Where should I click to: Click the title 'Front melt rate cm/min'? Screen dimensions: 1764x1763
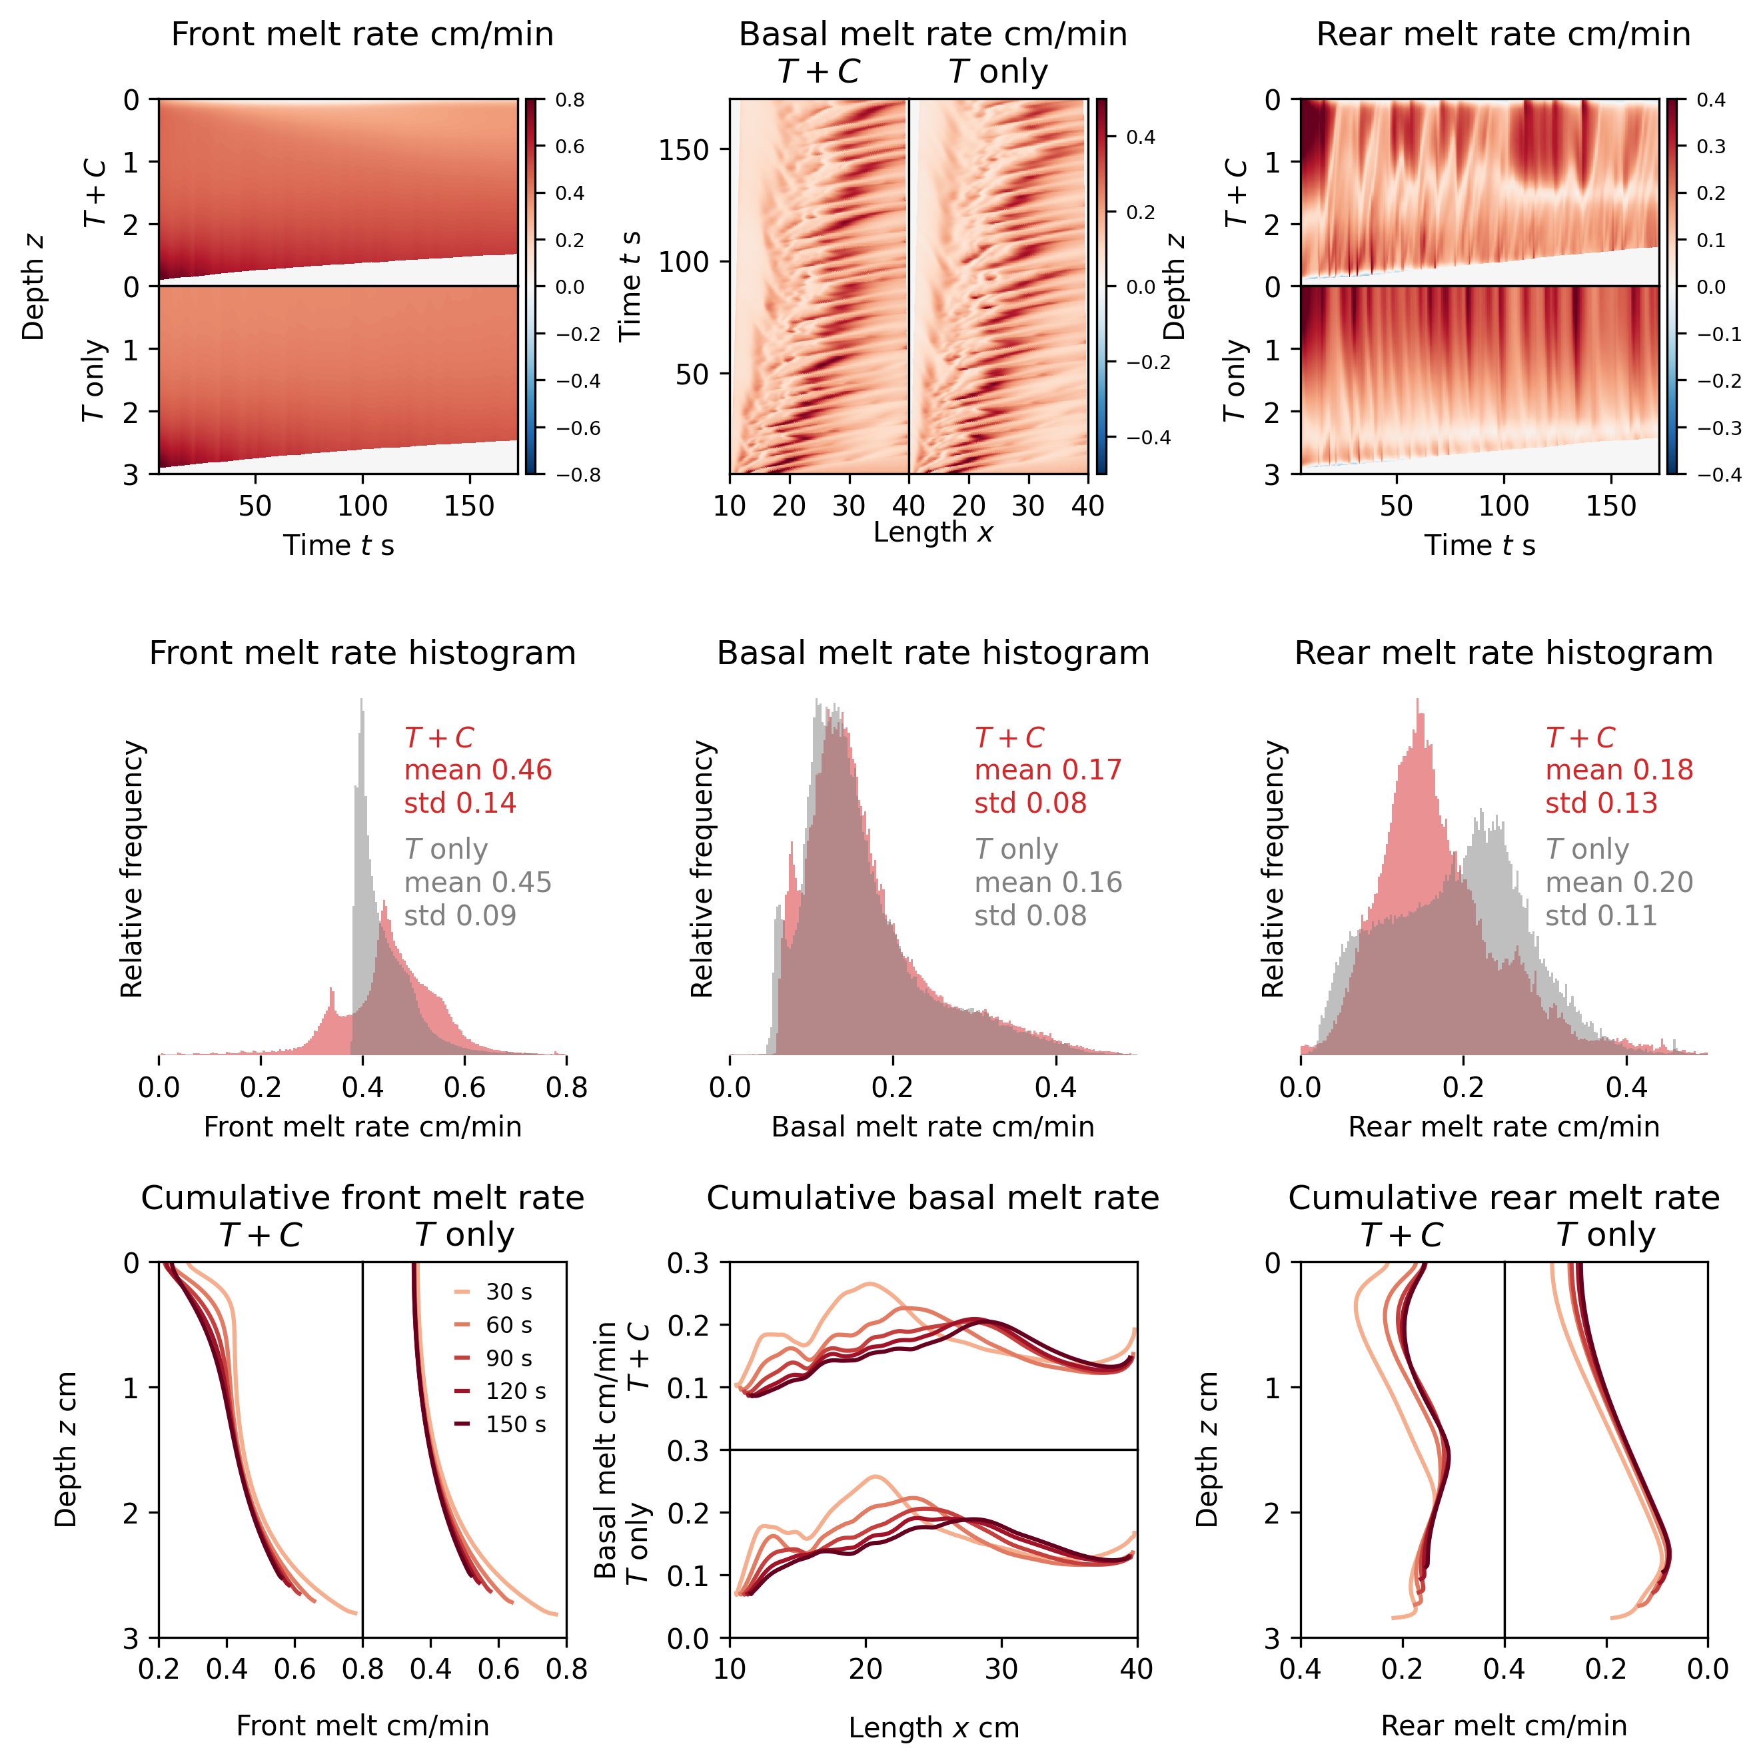coord(362,34)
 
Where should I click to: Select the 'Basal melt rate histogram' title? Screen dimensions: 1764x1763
coord(932,653)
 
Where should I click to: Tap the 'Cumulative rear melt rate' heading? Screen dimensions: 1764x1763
coord(1502,1197)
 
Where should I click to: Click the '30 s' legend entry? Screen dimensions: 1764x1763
coord(508,1292)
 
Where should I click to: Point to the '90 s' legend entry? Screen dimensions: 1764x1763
coord(508,1358)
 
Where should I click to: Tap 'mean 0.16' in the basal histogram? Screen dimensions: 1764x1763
coord(1048,882)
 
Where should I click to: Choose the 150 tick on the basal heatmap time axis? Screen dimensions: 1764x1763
coord(684,150)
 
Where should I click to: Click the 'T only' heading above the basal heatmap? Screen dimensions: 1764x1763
coord(998,71)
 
